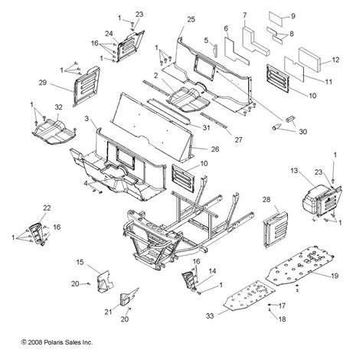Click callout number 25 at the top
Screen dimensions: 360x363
[191, 18]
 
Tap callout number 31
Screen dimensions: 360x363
[207, 127]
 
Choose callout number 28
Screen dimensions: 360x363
[267, 200]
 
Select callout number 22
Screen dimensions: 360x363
[47, 208]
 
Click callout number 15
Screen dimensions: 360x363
[80, 263]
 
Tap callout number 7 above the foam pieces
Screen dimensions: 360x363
[244, 15]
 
